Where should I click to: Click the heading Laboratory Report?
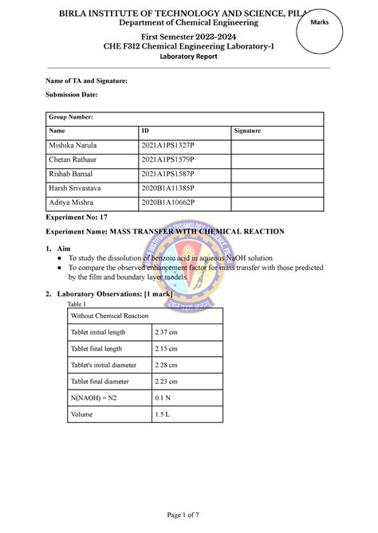tap(188, 58)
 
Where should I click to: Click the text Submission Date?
tap(71, 95)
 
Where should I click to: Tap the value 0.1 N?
tap(163, 398)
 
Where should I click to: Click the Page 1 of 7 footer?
tap(188, 515)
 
